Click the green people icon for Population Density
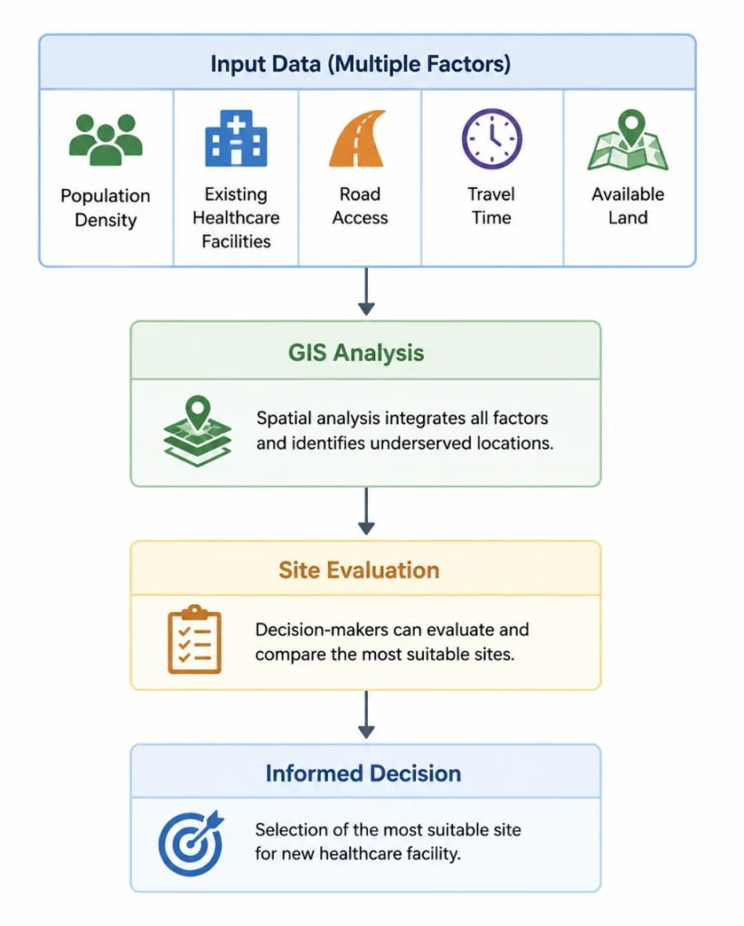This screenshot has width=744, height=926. point(106,139)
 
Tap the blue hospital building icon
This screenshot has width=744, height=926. point(236,138)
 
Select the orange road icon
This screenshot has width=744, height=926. point(358,138)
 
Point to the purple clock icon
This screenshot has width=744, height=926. point(492,138)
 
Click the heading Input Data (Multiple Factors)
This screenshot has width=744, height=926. point(361,64)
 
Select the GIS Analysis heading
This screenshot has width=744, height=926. point(356,353)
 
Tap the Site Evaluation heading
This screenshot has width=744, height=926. point(359,570)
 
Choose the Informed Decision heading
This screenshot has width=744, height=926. point(363,773)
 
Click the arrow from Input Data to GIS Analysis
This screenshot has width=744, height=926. point(366,291)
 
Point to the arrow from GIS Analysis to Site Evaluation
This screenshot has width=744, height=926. point(366,512)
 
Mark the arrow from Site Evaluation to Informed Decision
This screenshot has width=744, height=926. point(366,714)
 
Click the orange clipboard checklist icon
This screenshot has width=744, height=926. point(194,639)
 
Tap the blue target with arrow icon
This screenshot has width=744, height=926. point(191,843)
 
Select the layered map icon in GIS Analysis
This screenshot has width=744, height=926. point(197,431)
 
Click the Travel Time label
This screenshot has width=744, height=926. point(491,205)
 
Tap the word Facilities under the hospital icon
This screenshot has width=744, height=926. point(236,241)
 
